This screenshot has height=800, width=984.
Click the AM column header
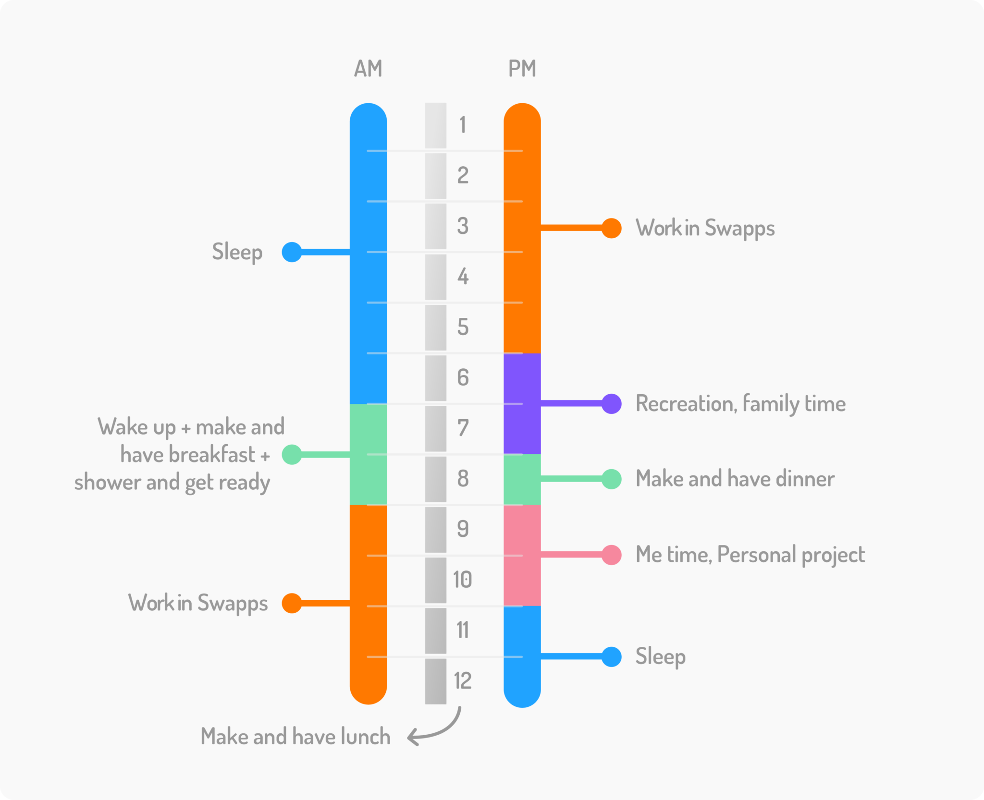(368, 69)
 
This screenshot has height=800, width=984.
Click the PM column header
(522, 69)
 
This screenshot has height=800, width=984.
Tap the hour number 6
(463, 377)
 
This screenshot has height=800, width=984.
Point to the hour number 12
(462, 681)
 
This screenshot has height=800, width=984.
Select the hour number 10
(462, 580)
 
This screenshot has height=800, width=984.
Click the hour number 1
(462, 125)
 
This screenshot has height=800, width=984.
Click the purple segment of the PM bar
(522, 403)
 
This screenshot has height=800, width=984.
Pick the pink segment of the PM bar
(522, 555)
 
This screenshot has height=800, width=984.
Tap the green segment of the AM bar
(368, 454)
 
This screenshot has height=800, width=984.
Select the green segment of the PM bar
(522, 479)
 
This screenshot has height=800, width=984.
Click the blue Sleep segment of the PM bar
(522, 655)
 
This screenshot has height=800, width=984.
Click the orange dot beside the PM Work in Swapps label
(611, 228)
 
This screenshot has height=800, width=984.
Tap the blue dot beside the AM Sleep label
(292, 252)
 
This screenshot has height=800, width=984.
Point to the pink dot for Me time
(611, 555)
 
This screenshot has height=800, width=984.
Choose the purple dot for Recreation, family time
(611, 403)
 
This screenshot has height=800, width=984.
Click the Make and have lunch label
(295, 737)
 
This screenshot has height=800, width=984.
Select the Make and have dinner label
(735, 479)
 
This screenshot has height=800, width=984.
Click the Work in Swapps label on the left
(197, 603)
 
